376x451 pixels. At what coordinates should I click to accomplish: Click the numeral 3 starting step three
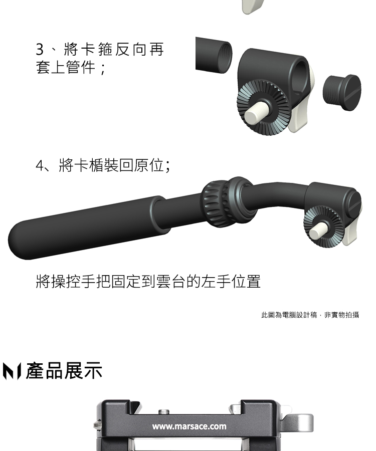(40, 50)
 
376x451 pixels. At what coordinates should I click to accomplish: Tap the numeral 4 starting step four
(40, 166)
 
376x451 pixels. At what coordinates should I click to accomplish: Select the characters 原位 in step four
(149, 165)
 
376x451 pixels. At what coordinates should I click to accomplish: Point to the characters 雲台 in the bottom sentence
(170, 281)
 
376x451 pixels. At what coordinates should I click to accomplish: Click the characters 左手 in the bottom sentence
(216, 281)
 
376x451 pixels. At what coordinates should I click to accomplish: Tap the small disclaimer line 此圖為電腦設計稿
(289, 315)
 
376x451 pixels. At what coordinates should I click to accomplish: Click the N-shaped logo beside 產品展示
(12, 371)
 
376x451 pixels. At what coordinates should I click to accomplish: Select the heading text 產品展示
(64, 371)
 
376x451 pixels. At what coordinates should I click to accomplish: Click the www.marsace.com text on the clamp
(189, 426)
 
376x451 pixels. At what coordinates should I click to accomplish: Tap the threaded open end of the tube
(225, 57)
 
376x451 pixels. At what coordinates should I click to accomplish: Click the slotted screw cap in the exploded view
(342, 92)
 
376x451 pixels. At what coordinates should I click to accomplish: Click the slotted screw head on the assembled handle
(353, 202)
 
